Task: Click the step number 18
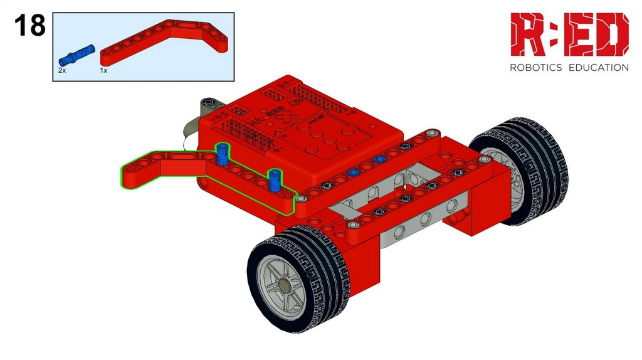30,25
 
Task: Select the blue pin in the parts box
76,55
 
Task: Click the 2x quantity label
62,70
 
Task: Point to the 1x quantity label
103,70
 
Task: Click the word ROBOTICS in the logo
535,68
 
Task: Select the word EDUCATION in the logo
599,68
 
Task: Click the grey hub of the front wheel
283,285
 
